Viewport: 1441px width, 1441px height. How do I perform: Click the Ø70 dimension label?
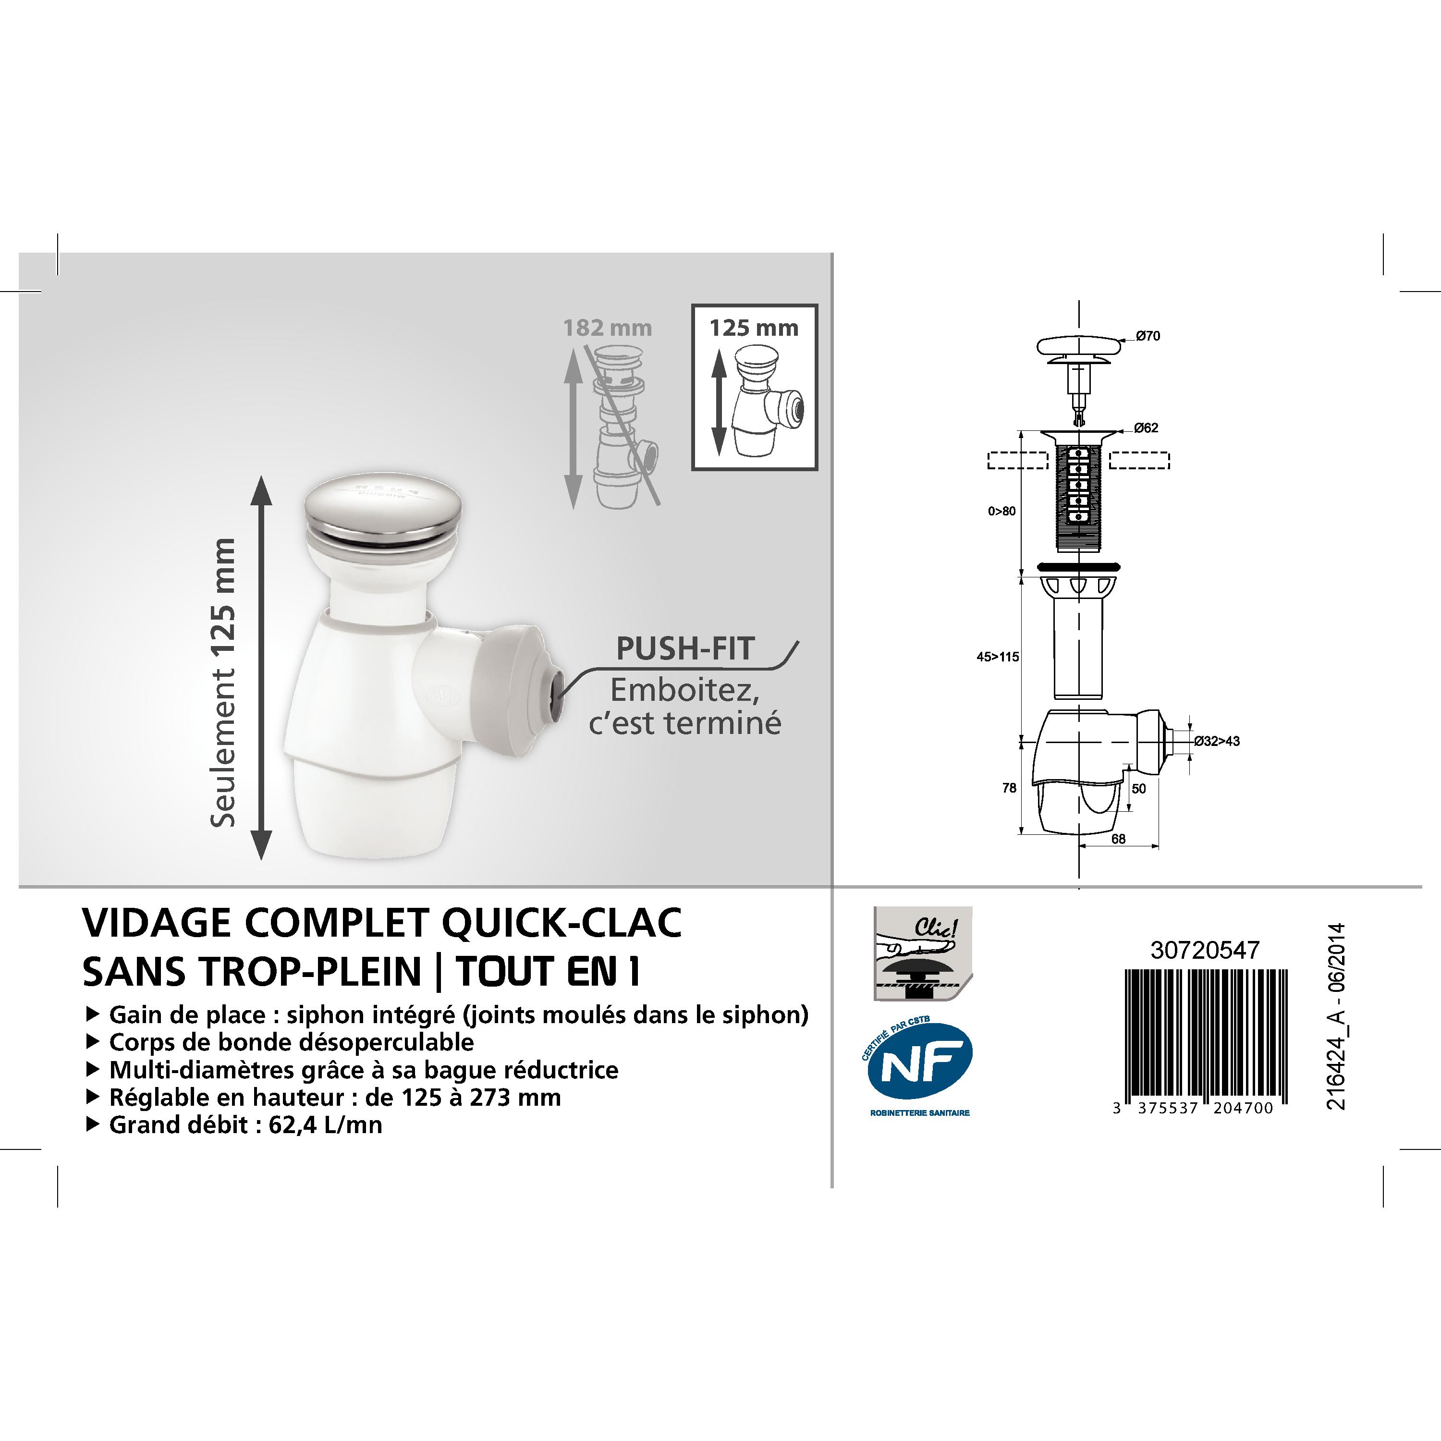click(1148, 336)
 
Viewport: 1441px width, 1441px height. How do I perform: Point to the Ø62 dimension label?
click(1147, 428)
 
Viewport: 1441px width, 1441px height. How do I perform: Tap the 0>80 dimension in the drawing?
click(1001, 512)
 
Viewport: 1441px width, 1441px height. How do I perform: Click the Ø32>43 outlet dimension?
click(1217, 741)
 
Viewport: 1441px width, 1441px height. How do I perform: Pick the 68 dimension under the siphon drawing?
click(1119, 839)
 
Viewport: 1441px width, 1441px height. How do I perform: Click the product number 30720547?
click(1205, 950)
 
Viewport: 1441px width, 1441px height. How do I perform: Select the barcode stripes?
click(1206, 1036)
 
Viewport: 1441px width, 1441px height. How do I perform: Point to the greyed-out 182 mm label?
click(607, 328)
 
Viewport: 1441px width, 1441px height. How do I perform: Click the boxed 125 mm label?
click(754, 328)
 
